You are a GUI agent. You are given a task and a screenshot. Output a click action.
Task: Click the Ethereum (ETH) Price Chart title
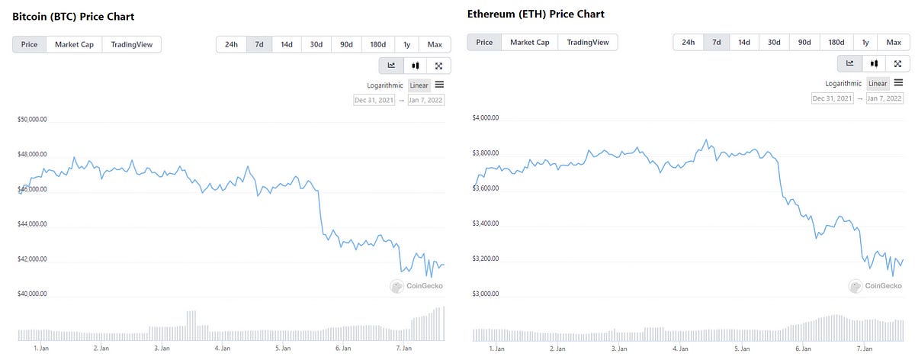pos(534,14)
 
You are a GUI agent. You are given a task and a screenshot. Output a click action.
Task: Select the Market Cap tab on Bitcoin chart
pos(75,44)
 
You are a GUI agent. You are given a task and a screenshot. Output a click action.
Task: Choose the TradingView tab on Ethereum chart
pos(587,42)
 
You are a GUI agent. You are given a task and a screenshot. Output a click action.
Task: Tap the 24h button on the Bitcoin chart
pos(231,44)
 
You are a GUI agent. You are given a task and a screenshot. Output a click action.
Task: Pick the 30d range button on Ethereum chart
pos(774,42)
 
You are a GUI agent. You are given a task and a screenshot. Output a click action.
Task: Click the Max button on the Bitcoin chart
pos(435,44)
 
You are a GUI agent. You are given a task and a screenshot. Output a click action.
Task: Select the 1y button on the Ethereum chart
pos(865,42)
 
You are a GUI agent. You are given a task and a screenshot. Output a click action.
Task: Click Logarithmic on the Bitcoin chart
pos(385,85)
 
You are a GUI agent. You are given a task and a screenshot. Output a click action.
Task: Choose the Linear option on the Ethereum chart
pos(878,83)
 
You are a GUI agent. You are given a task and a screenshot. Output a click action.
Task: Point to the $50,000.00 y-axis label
pos(32,120)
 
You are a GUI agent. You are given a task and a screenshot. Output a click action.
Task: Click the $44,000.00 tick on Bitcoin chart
pos(32,224)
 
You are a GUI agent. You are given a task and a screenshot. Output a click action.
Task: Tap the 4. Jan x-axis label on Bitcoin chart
pos(222,348)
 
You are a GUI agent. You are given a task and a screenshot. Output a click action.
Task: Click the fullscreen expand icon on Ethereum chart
pos(897,63)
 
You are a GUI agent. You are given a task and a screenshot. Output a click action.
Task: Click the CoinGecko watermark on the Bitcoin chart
pos(417,286)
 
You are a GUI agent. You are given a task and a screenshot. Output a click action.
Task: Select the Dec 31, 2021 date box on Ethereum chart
pos(833,98)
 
